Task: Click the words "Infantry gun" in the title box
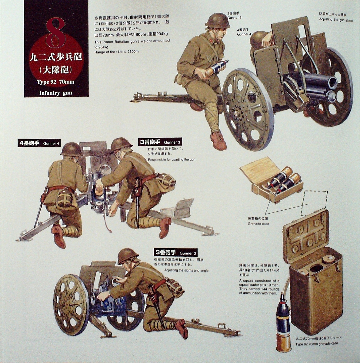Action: (56, 93)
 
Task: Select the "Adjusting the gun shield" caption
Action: (336, 20)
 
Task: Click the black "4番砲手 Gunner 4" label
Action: (38, 143)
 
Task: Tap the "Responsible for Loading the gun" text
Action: (172, 159)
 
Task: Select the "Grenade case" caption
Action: (258, 224)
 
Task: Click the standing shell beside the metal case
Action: (283, 321)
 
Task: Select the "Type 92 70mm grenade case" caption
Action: (316, 344)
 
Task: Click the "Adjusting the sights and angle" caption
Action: (186, 270)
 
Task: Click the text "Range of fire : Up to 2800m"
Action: (116, 52)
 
